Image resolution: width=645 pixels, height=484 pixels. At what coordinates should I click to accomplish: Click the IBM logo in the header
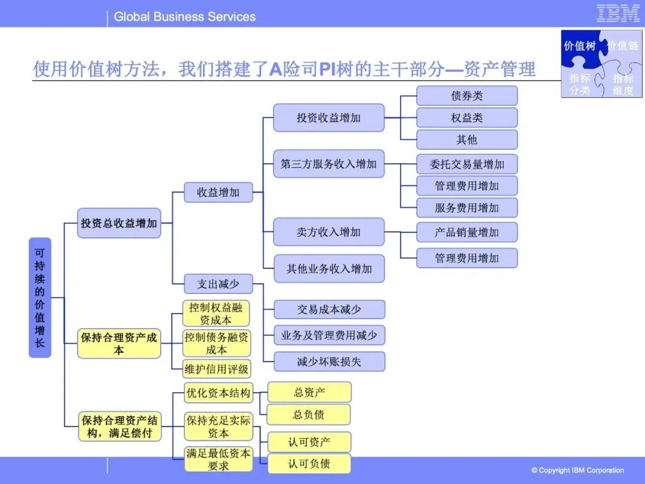[618, 13]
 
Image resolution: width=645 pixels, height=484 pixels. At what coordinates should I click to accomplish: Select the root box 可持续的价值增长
[40, 298]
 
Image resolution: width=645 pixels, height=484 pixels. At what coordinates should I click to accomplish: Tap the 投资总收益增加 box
[119, 223]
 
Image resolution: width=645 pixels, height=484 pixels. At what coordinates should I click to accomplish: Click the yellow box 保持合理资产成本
[119, 344]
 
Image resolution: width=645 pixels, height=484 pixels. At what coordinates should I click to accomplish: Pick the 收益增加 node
[218, 192]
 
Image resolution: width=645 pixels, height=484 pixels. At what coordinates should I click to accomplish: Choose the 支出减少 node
[218, 284]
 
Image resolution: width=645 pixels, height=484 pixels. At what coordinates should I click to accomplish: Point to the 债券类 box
[466, 96]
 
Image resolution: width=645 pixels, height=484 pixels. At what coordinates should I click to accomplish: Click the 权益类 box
[466, 118]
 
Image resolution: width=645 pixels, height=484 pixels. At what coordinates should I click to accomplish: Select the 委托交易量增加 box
[466, 164]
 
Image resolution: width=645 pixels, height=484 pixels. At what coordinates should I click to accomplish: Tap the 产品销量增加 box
[466, 232]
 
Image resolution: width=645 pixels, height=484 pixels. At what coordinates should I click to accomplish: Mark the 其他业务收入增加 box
[328, 269]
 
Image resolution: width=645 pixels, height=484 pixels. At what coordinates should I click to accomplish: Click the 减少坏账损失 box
[328, 362]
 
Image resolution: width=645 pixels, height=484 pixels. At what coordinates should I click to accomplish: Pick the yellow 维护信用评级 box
[216, 369]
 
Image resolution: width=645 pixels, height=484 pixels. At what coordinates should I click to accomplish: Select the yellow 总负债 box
[309, 414]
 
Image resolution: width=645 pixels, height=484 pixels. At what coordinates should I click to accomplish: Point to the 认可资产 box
[309, 442]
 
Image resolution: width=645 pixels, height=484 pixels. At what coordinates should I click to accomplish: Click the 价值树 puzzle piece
[579, 46]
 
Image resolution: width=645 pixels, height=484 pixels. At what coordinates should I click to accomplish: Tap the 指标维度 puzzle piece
[623, 84]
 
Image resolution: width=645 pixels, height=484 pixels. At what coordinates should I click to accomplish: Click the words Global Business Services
[185, 17]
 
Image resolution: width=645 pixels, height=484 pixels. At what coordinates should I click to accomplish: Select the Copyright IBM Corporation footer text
[577, 470]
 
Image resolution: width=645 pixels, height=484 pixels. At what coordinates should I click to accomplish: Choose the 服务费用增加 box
[466, 207]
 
